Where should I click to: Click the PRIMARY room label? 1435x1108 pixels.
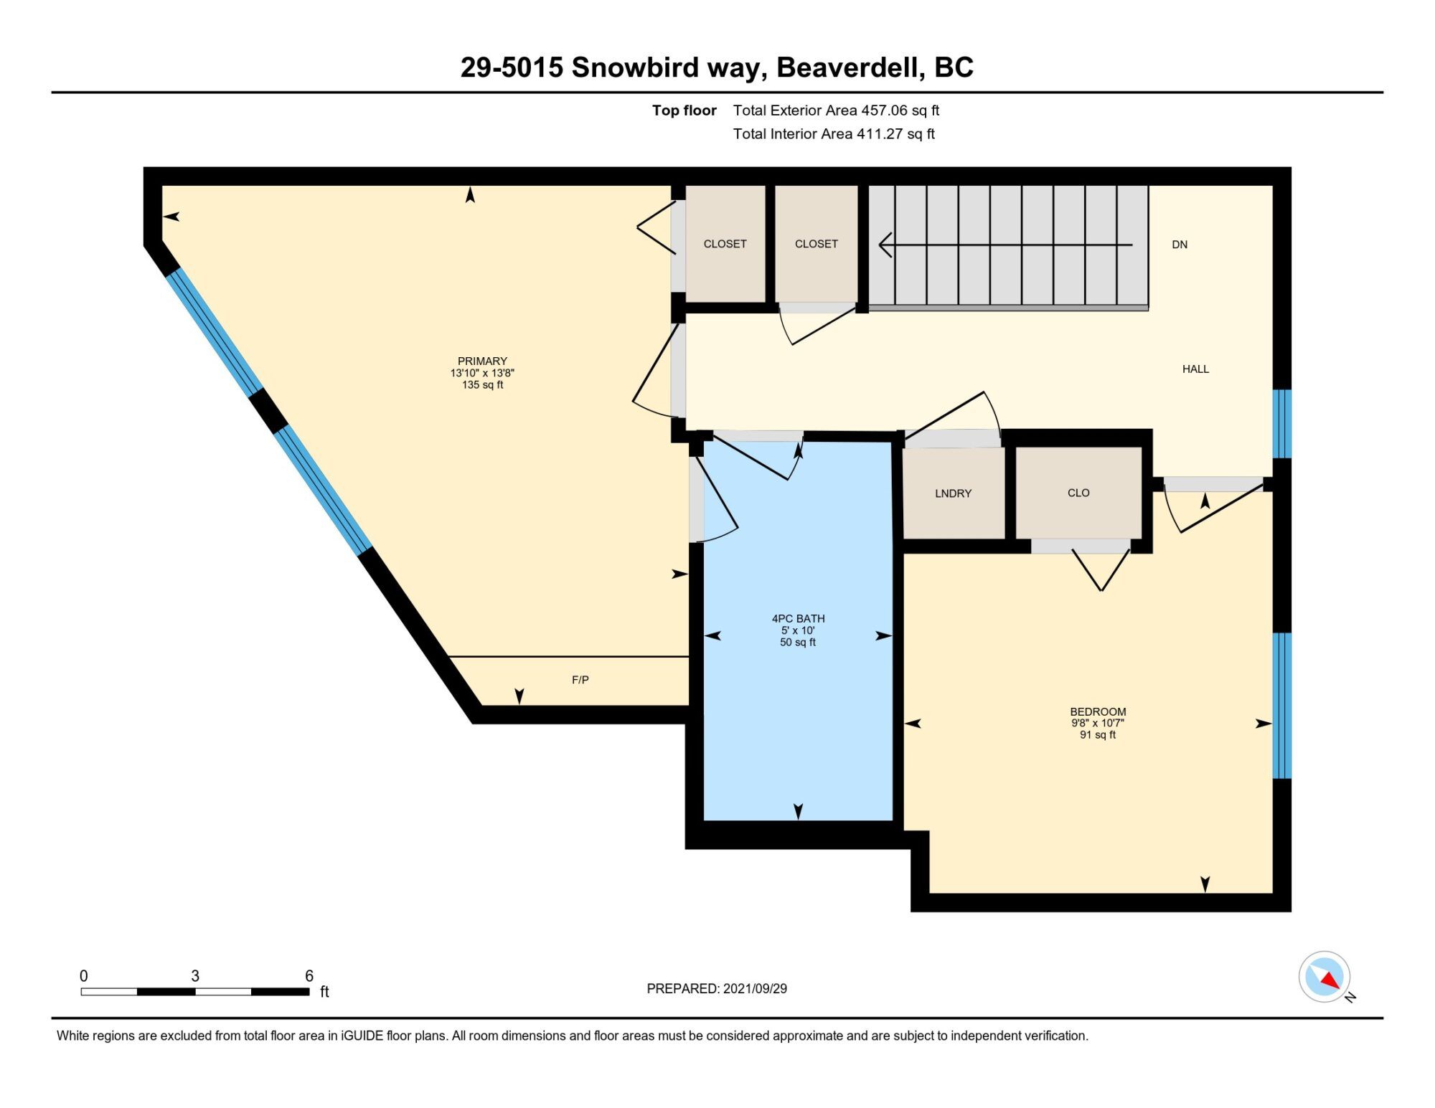click(x=482, y=361)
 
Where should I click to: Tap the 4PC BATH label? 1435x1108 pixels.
click(x=798, y=619)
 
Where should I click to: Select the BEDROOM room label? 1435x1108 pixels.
click(x=1098, y=712)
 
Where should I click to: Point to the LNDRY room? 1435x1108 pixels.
click(x=953, y=493)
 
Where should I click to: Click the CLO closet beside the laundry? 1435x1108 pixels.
click(x=1078, y=493)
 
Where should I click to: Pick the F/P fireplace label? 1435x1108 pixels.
click(x=580, y=680)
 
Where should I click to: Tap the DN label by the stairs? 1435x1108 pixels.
click(x=1180, y=245)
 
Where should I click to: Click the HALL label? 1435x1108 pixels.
click(x=1195, y=369)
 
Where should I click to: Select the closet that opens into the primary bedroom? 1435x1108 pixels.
click(x=725, y=244)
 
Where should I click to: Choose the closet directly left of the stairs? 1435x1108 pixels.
click(x=817, y=244)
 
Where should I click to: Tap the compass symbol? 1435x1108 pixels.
click(x=1325, y=977)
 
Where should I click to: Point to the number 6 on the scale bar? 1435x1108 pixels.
click(x=309, y=976)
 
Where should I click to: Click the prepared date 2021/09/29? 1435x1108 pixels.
click(x=755, y=989)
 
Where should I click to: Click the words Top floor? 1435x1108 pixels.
click(x=684, y=110)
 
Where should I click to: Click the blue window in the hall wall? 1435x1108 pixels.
click(x=1282, y=424)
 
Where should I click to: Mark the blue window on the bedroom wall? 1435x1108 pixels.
click(x=1282, y=706)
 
